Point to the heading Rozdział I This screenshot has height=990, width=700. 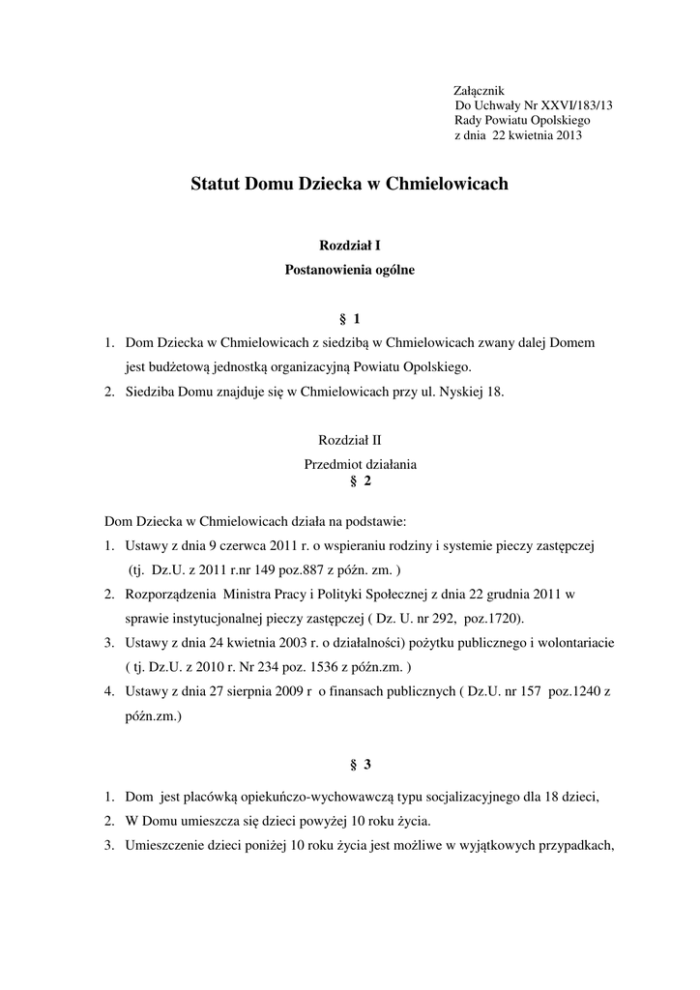tap(349, 247)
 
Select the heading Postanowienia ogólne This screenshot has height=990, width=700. tap(349, 271)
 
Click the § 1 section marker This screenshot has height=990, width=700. tap(349, 318)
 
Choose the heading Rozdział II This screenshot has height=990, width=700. tap(349, 439)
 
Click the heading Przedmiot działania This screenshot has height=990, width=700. tap(360, 463)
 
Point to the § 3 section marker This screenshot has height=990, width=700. tap(360, 765)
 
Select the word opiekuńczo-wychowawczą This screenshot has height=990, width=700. tap(310, 798)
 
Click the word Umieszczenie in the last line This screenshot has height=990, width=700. tap(165, 846)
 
